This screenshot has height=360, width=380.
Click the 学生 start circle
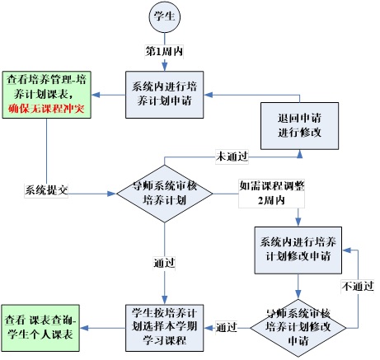click(x=164, y=16)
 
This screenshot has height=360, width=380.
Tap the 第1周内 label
click(x=164, y=51)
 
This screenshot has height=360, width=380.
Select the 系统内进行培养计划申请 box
click(x=165, y=95)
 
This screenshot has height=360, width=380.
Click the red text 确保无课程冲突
click(x=46, y=109)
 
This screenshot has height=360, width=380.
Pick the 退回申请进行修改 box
click(x=299, y=126)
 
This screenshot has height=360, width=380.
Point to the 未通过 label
click(x=232, y=157)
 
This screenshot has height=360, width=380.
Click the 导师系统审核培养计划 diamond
click(x=165, y=194)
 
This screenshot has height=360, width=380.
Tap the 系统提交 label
click(x=46, y=189)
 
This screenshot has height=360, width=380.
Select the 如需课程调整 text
click(x=272, y=186)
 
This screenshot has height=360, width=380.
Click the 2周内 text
click(x=271, y=200)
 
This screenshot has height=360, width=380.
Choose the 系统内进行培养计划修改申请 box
click(x=298, y=250)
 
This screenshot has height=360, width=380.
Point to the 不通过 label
click(x=358, y=287)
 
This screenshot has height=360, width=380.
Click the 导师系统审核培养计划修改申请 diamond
click(x=298, y=328)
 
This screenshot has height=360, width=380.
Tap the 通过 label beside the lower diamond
click(x=227, y=328)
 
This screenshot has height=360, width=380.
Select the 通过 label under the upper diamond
click(x=164, y=263)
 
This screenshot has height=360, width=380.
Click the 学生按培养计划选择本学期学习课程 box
click(x=165, y=328)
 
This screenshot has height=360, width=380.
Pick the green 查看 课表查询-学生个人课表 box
click(x=40, y=328)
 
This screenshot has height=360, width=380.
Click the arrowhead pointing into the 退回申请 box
click(x=299, y=154)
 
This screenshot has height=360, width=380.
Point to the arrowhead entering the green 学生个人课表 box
click(x=84, y=328)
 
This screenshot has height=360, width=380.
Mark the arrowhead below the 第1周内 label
click(x=165, y=67)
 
